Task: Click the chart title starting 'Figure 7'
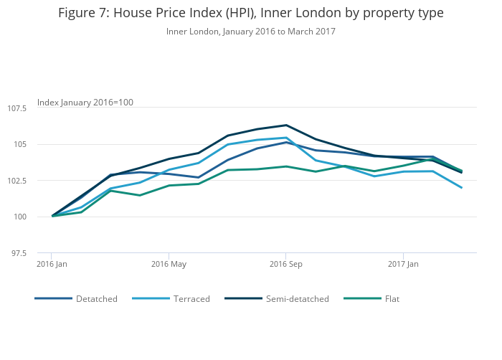[251, 13]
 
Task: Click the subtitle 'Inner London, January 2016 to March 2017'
[251, 32]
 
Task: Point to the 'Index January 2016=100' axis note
[85, 103]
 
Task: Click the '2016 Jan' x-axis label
[52, 264]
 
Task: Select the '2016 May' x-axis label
[169, 264]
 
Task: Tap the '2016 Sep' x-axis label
[286, 264]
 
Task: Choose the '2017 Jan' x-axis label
[403, 264]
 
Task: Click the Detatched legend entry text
[96, 298]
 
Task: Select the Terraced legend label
[191, 298]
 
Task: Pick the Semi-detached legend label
[297, 298]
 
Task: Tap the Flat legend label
[392, 298]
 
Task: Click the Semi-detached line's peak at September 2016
[286, 125]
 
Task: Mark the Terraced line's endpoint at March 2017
[462, 188]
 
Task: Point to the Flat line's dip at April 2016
[139, 195]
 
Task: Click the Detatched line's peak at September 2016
[286, 142]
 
